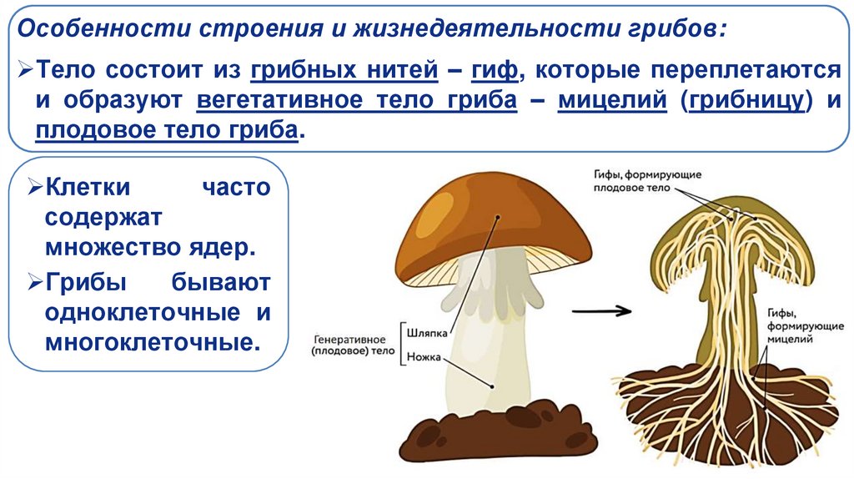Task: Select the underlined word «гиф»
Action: (493, 72)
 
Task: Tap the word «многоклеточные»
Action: (148, 342)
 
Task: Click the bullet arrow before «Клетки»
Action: (35, 187)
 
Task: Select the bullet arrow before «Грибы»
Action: (35, 282)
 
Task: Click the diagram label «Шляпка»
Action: (423, 331)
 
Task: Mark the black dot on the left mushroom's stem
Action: (494, 386)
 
